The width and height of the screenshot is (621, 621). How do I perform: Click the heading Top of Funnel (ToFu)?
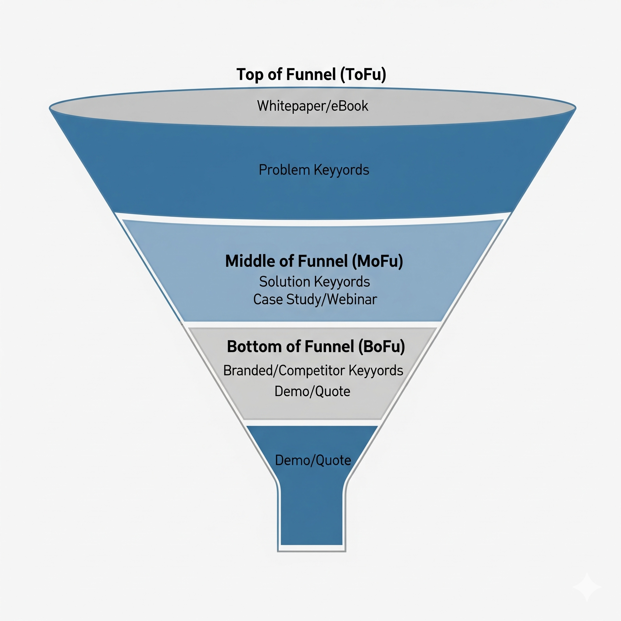(311, 75)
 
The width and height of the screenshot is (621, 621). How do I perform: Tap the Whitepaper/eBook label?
(312, 106)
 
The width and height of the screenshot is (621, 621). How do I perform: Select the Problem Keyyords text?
(314, 170)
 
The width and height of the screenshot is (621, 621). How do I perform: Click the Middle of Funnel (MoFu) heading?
(314, 261)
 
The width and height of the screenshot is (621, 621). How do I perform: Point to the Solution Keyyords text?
(314, 282)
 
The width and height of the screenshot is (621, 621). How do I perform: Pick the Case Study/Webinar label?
(315, 299)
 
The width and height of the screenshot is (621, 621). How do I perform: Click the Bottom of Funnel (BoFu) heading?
(316, 347)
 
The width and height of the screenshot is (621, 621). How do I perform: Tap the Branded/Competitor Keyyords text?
(313, 370)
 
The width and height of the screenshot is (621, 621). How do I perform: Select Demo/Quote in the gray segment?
(312, 391)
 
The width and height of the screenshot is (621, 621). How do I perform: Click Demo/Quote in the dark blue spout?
(313, 460)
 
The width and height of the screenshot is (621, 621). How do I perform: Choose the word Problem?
(284, 170)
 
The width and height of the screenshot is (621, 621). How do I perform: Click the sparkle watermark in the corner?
(587, 587)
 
